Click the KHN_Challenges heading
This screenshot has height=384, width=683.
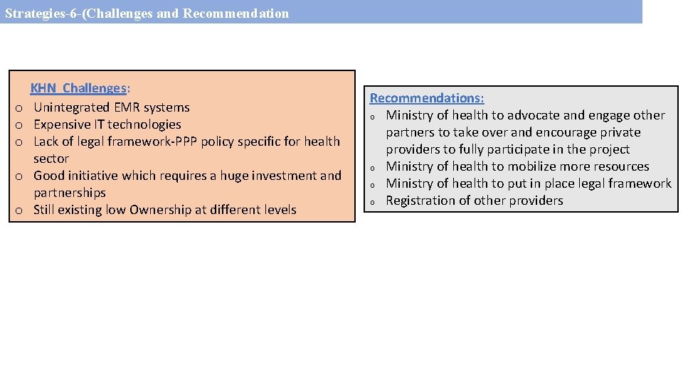click(x=78, y=88)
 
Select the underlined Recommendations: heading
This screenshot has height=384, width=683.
click(x=426, y=98)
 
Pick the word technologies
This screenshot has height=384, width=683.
click(x=144, y=124)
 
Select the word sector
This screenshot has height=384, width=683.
click(x=51, y=159)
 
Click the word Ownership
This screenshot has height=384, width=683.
click(x=163, y=210)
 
